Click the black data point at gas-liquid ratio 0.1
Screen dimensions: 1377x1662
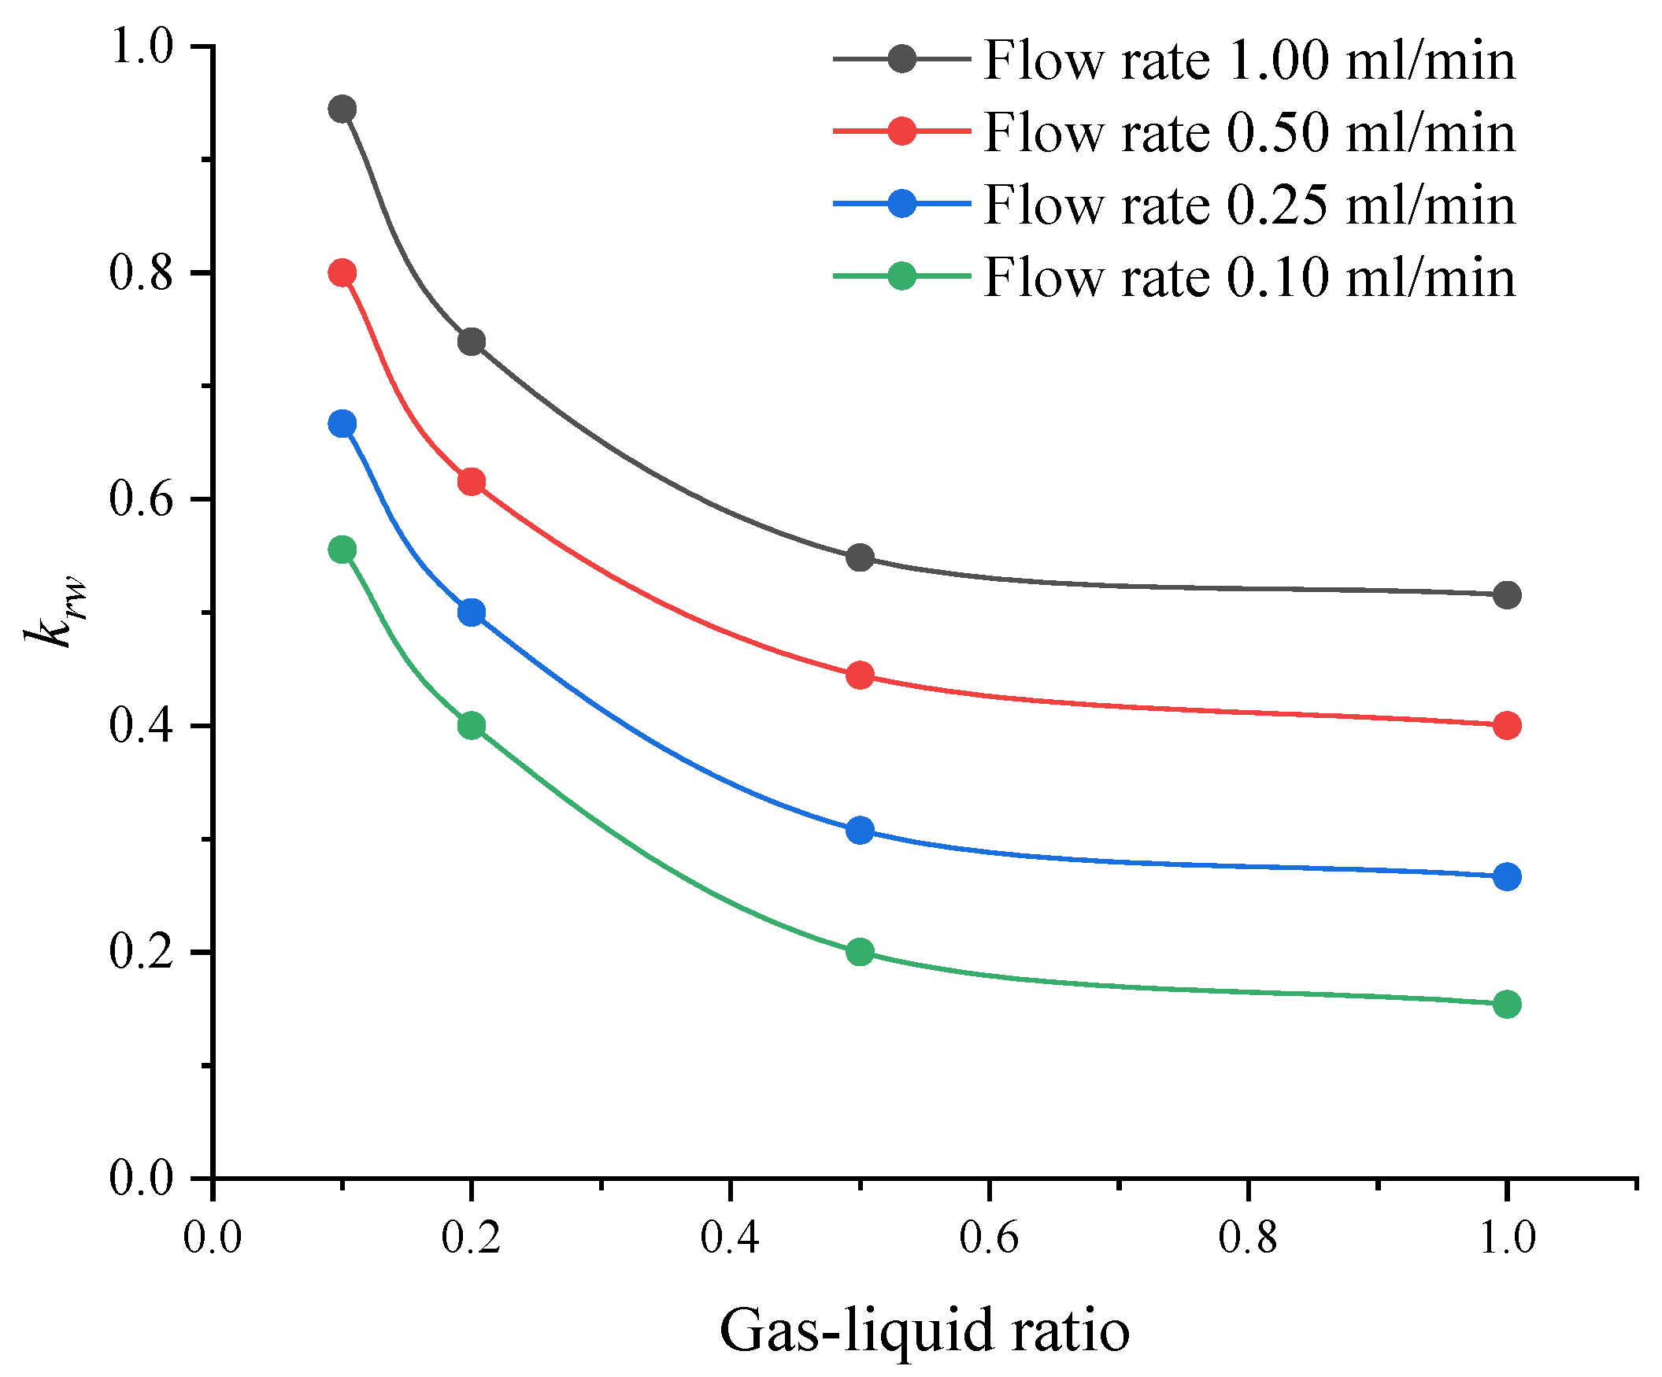pyautogui.click(x=342, y=109)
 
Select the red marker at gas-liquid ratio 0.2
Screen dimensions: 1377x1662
pyautogui.click(x=472, y=481)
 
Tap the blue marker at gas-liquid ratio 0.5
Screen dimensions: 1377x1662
pyautogui.click(x=860, y=830)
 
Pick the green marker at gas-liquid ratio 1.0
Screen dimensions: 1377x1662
pyautogui.click(x=1506, y=1005)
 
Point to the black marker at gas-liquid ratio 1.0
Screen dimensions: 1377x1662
pyautogui.click(x=1506, y=594)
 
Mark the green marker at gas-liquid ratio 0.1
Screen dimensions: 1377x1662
pyautogui.click(x=342, y=550)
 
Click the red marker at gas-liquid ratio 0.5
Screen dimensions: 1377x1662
pyautogui.click(x=860, y=675)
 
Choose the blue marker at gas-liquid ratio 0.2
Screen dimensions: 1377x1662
pyautogui.click(x=472, y=612)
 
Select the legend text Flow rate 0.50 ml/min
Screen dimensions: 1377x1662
pyautogui.click(x=1249, y=132)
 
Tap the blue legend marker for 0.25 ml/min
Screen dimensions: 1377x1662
pyautogui.click(x=901, y=204)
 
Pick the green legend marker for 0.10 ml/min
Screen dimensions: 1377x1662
pyautogui.click(x=901, y=276)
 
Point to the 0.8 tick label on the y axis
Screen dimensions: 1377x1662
pyautogui.click(x=141, y=274)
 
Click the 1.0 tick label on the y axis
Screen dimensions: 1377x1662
pyautogui.click(x=141, y=46)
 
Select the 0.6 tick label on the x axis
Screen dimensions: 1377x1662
pyautogui.click(x=989, y=1237)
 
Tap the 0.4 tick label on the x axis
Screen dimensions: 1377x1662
pyautogui.click(x=730, y=1237)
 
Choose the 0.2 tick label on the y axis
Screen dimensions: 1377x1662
pyautogui.click(x=141, y=952)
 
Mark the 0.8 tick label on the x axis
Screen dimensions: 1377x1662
pyautogui.click(x=1247, y=1237)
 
